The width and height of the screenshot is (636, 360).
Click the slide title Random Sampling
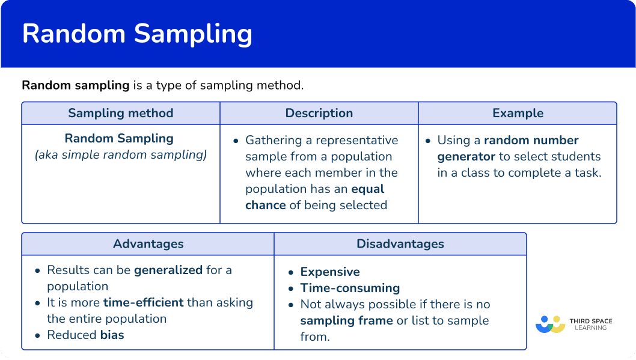(x=137, y=34)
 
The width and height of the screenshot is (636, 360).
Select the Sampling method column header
(x=120, y=113)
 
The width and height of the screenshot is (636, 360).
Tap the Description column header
(x=319, y=113)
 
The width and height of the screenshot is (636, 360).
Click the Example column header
(x=518, y=113)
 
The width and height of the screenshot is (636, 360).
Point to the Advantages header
(x=148, y=244)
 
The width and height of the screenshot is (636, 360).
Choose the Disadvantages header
(x=400, y=244)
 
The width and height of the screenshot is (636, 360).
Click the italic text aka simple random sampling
(x=121, y=155)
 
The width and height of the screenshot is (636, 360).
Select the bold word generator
(x=466, y=157)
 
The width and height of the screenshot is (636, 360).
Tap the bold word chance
(x=265, y=205)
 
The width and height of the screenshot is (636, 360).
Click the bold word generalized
(x=168, y=270)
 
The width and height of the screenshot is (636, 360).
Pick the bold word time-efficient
(x=144, y=302)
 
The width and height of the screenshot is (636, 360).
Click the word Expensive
(x=330, y=272)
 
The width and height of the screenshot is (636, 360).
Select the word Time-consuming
(x=350, y=288)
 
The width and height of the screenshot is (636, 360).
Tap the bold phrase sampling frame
(x=346, y=321)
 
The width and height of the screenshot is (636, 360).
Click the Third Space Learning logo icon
(x=551, y=325)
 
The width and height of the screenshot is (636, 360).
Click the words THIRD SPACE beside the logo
(x=590, y=321)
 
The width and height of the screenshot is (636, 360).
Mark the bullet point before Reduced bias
(x=38, y=335)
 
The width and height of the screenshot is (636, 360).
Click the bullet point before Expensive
(x=291, y=272)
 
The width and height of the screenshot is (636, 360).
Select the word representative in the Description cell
(x=356, y=141)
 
